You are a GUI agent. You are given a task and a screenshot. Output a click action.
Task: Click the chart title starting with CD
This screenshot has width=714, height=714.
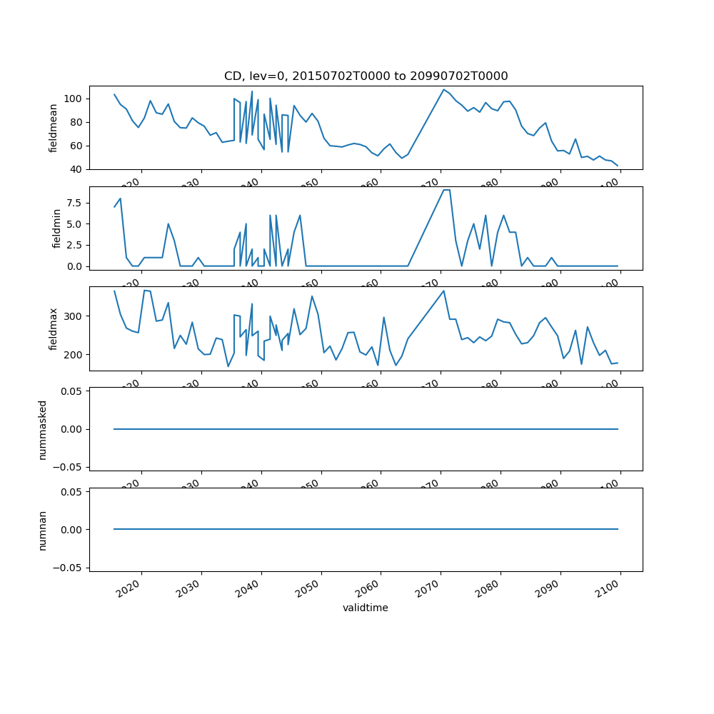(366, 76)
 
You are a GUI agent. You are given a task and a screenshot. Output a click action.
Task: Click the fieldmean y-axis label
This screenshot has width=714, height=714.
(54, 128)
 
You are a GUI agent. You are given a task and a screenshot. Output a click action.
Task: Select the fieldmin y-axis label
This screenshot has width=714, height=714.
(57, 228)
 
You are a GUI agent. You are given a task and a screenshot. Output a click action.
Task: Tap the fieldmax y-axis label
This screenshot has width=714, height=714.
(54, 329)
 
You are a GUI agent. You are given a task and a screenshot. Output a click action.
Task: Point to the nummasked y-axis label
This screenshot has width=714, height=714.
(43, 429)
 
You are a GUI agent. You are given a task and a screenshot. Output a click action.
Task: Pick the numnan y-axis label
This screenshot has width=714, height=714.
(43, 530)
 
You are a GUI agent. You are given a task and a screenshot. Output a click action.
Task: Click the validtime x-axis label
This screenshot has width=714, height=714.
(366, 608)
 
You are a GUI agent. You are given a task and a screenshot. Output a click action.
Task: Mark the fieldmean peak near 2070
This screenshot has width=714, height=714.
(443, 89)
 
